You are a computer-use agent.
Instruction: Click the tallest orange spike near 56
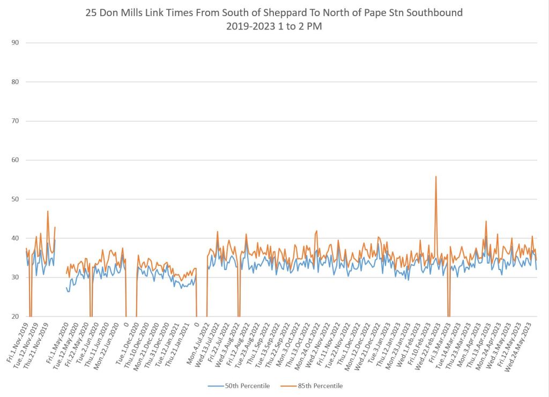tap(436, 177)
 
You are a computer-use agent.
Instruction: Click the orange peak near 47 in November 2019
tap(48, 211)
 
